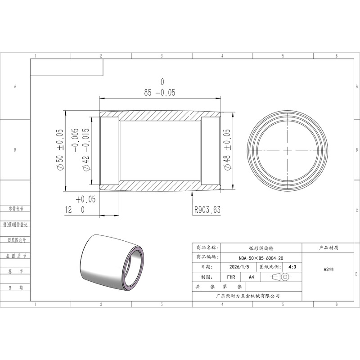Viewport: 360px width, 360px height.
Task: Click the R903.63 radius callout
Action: click(x=207, y=210)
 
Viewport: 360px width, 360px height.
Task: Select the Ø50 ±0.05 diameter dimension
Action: click(x=59, y=149)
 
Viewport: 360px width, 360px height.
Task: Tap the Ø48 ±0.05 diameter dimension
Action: click(x=227, y=149)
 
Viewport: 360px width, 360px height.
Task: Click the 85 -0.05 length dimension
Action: click(x=160, y=93)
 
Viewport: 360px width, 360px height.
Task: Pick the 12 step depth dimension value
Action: click(x=68, y=210)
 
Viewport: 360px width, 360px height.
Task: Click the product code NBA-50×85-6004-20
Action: click(x=261, y=258)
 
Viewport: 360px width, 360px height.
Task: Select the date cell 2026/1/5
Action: click(x=239, y=267)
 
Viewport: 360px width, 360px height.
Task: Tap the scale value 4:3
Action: click(x=292, y=267)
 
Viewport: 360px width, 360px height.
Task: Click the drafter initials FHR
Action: click(x=231, y=277)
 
